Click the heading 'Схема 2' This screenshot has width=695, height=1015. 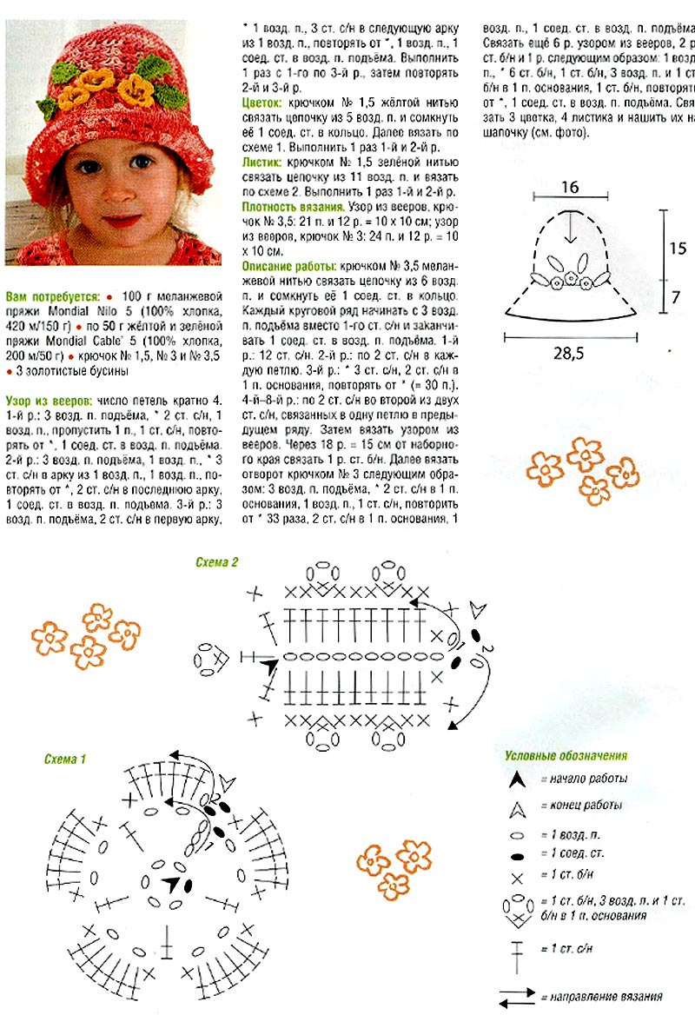tap(217, 561)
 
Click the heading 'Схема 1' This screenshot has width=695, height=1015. tap(66, 759)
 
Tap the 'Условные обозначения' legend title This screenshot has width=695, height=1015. tap(566, 756)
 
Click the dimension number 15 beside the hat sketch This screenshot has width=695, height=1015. tap(678, 248)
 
